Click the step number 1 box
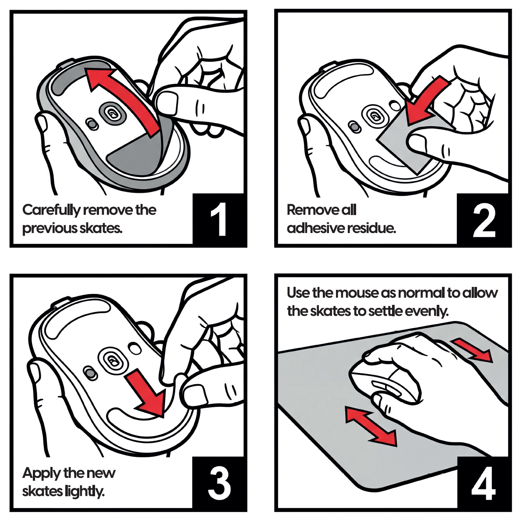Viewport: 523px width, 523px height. coord(219,219)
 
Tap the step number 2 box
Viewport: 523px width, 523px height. coord(484,219)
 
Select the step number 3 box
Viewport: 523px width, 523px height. coord(219,483)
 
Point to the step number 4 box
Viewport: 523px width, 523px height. coord(484,483)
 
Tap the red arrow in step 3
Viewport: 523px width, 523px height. coord(147,394)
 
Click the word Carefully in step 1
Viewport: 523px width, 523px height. coord(52,210)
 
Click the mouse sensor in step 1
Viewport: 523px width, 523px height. coord(113,114)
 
